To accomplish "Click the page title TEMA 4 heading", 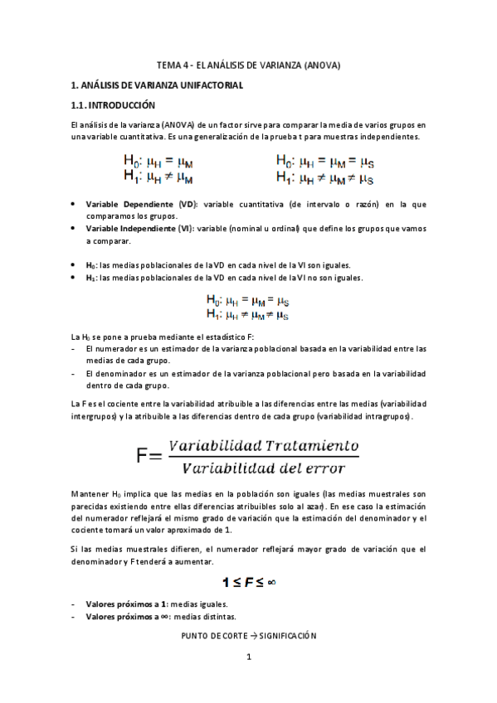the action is [248, 65].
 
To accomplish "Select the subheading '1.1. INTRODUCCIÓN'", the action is [114, 106].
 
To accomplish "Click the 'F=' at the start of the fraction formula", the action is [150, 455].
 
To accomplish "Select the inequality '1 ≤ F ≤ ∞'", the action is [248, 581].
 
